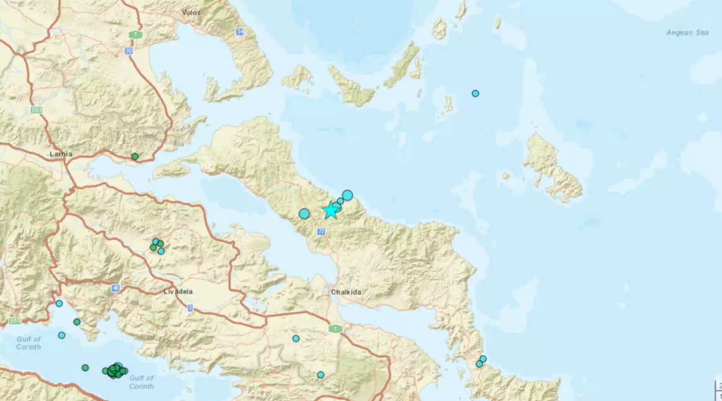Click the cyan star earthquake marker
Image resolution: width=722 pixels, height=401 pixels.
[x=331, y=211]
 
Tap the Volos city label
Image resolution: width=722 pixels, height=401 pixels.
[x=191, y=12]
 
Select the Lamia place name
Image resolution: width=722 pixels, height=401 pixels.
[x=61, y=154]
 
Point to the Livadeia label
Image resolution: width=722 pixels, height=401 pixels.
[x=161, y=291]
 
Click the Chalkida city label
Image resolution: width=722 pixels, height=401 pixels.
[x=345, y=292]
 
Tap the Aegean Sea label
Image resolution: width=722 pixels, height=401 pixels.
[x=687, y=32]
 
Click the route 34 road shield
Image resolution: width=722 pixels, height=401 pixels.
[x=241, y=31]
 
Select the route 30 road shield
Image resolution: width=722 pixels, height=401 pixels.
[x=129, y=51]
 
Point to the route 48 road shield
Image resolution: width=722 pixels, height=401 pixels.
[x=116, y=288]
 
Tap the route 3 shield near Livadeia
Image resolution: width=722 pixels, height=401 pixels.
[x=190, y=307]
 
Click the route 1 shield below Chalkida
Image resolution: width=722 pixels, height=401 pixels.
[x=335, y=328]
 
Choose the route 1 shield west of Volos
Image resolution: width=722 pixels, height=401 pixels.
[x=136, y=35]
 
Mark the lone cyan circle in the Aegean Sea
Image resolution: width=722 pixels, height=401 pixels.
[x=475, y=94]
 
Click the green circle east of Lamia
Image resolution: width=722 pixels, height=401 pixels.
[x=135, y=156]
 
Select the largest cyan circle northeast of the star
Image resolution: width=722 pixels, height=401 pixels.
[x=347, y=195]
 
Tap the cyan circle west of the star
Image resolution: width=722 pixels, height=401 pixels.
[x=304, y=214]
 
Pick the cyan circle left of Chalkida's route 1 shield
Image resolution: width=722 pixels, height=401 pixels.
[x=296, y=338]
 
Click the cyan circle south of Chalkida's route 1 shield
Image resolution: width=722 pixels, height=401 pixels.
[x=321, y=374]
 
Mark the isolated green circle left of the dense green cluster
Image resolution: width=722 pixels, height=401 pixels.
[x=85, y=368]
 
